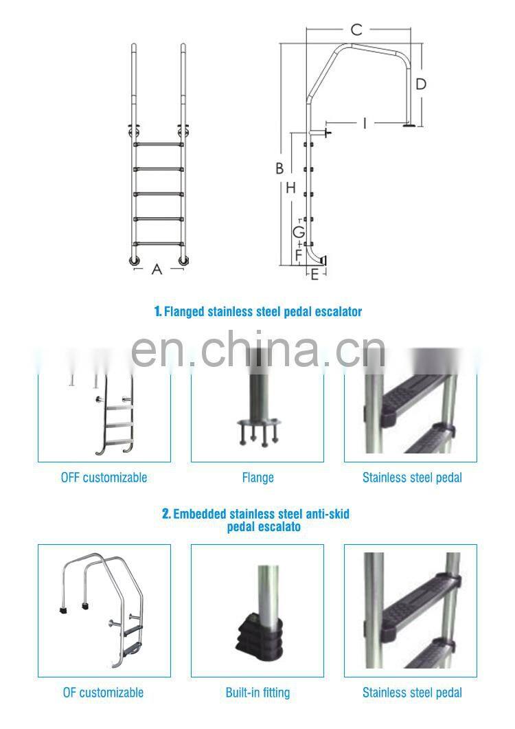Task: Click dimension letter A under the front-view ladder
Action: [x=157, y=270]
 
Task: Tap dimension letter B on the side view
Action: [x=279, y=168]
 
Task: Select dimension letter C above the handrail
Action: [x=356, y=30]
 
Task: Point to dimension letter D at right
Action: [x=421, y=85]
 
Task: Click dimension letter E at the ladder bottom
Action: [x=314, y=275]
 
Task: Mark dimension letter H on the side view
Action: [x=290, y=188]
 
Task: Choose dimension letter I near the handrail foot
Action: [x=365, y=124]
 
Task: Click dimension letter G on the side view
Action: [x=299, y=232]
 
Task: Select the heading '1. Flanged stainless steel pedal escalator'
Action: [x=257, y=312]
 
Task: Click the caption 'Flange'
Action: [x=257, y=478]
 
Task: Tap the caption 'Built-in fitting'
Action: [x=257, y=693]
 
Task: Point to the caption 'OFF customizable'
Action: [x=104, y=478]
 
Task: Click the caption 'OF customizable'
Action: [x=104, y=693]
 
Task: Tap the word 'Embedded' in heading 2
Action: [x=199, y=514]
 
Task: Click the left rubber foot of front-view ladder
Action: [x=133, y=260]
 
